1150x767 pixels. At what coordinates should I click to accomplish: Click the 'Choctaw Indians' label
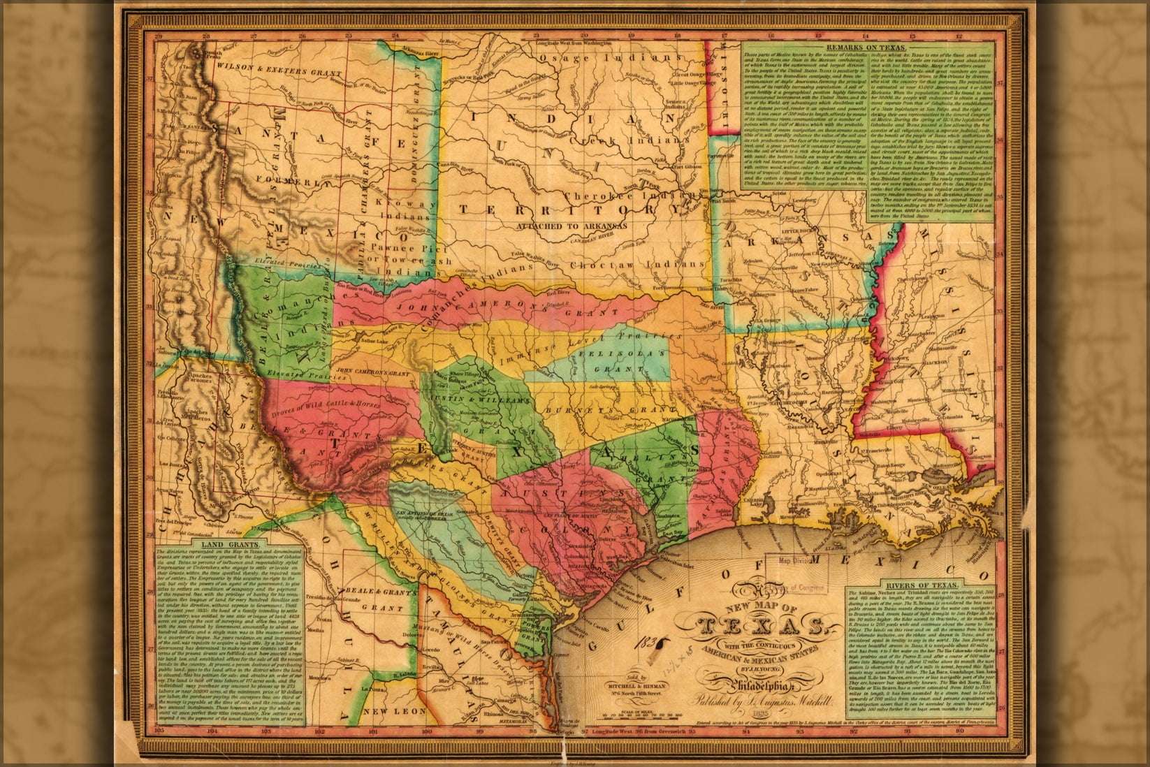[637, 265]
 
